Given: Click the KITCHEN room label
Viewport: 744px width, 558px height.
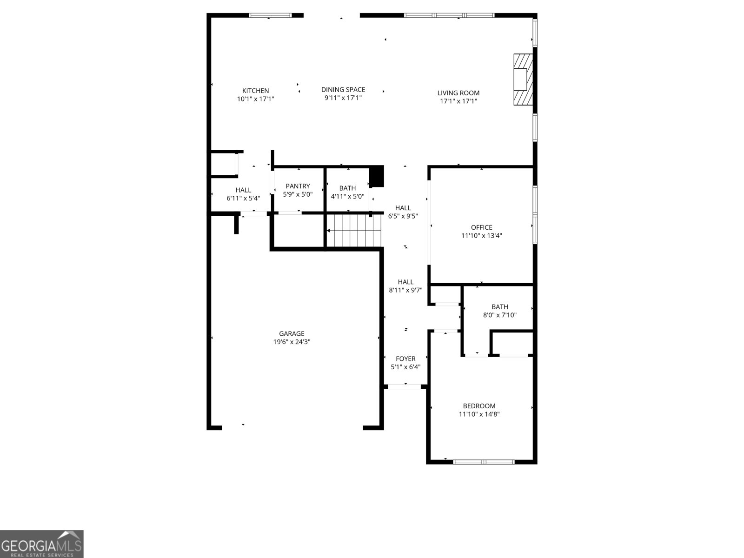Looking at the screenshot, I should pos(255,91).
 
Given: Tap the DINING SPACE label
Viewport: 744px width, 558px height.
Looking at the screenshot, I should pos(343,89).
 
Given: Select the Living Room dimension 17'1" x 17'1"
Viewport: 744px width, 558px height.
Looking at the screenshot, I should pos(458,101).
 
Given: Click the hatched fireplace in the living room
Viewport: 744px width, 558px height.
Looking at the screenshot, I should pos(523,80).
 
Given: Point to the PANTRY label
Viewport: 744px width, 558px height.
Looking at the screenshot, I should pos(298,186).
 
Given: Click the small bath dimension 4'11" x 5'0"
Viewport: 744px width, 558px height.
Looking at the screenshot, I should pos(347,196).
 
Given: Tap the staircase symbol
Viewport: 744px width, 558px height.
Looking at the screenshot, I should pos(354,231).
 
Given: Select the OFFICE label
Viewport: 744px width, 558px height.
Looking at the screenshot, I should pos(481,227).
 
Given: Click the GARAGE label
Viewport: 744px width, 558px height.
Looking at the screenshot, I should pos(292,333).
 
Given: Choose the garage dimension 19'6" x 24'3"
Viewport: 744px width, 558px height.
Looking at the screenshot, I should pos(292,342).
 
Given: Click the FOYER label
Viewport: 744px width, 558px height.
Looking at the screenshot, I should pos(405,359).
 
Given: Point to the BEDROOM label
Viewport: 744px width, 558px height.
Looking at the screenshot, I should pos(479,406).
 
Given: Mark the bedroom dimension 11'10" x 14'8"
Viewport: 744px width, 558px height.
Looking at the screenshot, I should pos(479,414).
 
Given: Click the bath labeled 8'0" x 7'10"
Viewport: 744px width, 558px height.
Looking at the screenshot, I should pos(500,311).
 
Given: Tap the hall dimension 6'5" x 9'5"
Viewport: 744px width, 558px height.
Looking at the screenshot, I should pos(403,216).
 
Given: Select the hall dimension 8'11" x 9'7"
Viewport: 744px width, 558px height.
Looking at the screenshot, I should pos(405,290).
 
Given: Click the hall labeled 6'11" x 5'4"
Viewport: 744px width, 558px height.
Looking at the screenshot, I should pos(243,194).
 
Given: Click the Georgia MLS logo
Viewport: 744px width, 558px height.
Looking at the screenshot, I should pos(42,544).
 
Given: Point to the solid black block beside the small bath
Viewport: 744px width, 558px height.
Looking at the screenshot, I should pos(377,176).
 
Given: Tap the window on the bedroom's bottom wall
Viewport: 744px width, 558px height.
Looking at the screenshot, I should pos(484,462).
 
